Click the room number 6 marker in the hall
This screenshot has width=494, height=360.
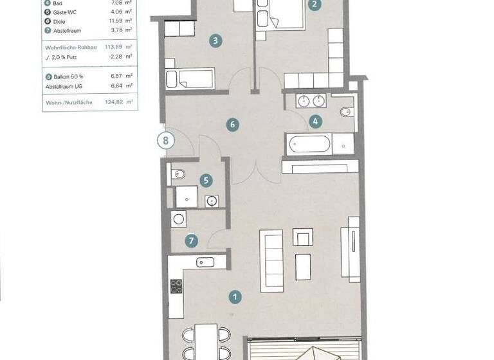pyautogui.click(x=233, y=125)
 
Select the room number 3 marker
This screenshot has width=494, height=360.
pyautogui.click(x=215, y=41)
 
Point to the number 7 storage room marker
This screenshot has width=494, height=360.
pyautogui.click(x=191, y=241)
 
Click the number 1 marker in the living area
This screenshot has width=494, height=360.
pyautogui.click(x=235, y=296)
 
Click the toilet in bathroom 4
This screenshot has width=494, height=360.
pyautogui.click(x=344, y=111)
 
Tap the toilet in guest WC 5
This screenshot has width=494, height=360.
pyautogui.click(x=178, y=174)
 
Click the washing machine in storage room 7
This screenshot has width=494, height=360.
pyautogui.click(x=178, y=219)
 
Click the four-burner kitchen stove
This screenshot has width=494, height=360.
pyautogui.click(x=176, y=287)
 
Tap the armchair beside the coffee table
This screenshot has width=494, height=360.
pyautogui.click(x=302, y=237)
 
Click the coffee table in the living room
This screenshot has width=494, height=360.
pyautogui.click(x=302, y=266)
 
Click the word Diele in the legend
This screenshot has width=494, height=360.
pyautogui.click(x=60, y=21)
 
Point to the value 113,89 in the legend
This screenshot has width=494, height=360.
pyautogui.click(x=117, y=47)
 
